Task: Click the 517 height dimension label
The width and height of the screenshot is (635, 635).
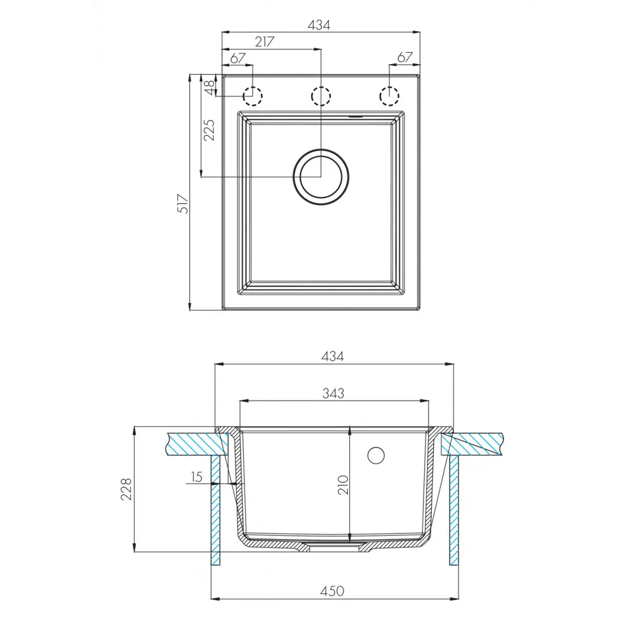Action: click(184, 204)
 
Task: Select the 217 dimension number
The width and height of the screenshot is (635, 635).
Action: click(265, 41)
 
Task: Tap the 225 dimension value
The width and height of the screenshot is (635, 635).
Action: click(209, 130)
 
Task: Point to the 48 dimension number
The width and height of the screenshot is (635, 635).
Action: click(210, 88)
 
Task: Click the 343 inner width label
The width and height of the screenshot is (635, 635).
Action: click(333, 393)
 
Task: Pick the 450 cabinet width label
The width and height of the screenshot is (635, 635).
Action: click(332, 591)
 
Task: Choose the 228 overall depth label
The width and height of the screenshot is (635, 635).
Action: click(126, 489)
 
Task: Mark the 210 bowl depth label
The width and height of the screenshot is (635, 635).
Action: click(343, 485)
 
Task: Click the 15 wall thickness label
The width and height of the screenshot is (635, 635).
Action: click(196, 477)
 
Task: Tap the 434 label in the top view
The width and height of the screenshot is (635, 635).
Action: click(319, 25)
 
